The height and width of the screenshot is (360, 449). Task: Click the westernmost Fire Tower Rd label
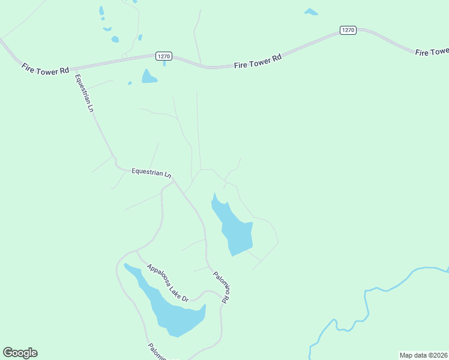tap(45, 68)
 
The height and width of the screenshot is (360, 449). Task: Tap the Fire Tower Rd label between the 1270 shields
tap(258, 61)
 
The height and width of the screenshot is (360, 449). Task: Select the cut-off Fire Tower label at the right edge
tap(432, 52)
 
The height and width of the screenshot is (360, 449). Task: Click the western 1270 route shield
tap(164, 56)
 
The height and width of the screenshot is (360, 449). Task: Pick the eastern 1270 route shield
tap(348, 30)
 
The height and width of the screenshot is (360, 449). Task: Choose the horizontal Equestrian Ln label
tap(151, 172)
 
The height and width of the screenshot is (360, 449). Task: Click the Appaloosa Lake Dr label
tap(167, 283)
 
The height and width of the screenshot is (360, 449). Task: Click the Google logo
tap(20, 353)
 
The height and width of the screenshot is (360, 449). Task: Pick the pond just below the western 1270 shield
tap(148, 76)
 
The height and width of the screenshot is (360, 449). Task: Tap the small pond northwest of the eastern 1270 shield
tap(311, 11)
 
